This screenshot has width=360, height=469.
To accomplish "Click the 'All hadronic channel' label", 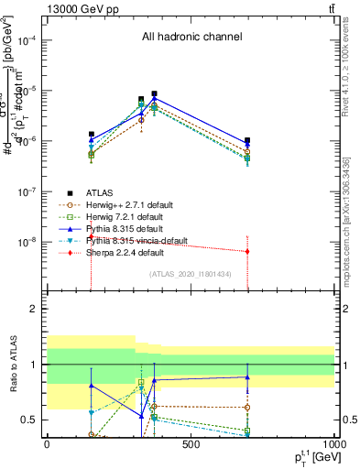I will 191,38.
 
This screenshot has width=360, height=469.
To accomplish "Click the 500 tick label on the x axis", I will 191,446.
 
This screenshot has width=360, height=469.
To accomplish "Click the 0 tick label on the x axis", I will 47,446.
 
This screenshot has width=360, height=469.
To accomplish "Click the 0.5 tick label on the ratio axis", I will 32,420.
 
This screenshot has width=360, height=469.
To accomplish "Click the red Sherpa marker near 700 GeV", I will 247,251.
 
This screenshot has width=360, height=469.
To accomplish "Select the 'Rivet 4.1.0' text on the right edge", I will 352,73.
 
